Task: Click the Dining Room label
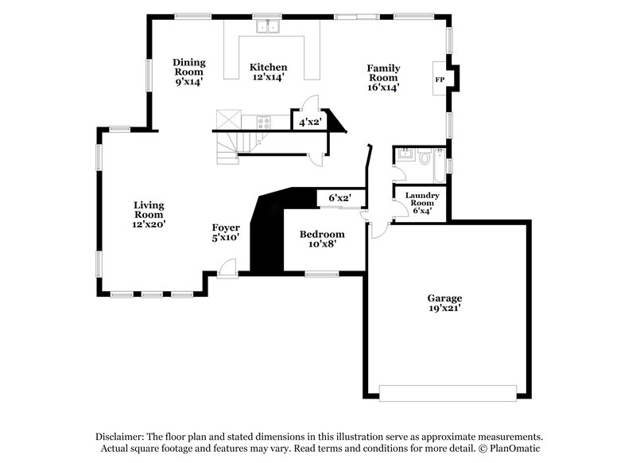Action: coord(189,72)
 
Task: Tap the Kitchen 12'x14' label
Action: coord(268,72)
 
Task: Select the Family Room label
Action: coord(382,77)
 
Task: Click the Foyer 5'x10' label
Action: coord(226,231)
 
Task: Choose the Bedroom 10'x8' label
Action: coord(321,239)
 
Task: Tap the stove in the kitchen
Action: coord(263,122)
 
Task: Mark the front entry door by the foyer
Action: coord(228,268)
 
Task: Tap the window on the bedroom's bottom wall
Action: coord(321,274)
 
